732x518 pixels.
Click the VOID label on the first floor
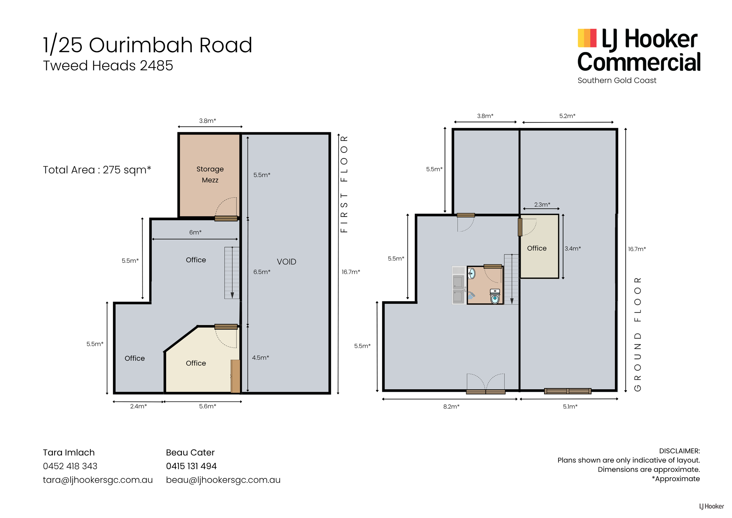point(286,262)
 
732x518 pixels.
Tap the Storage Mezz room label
point(210,174)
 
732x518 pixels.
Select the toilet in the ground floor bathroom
point(495,296)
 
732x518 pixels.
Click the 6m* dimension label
point(195,232)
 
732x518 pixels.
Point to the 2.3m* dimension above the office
point(542,204)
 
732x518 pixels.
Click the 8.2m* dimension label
point(451,406)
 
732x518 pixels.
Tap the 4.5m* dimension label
point(260,358)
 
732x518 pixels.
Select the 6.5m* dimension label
point(262,272)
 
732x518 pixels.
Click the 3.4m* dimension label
point(573,248)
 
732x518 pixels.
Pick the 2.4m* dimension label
point(139,406)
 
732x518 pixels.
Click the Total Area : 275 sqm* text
point(97,170)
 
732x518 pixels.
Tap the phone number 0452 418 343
point(70,466)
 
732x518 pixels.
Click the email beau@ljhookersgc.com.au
point(223,480)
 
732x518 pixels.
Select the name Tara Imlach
point(69,452)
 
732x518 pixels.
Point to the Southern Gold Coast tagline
point(617,80)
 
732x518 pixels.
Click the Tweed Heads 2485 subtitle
point(108,65)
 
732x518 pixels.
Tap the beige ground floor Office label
point(537,248)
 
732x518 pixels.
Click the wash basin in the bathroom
point(471,274)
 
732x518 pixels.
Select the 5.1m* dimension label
point(570,406)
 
